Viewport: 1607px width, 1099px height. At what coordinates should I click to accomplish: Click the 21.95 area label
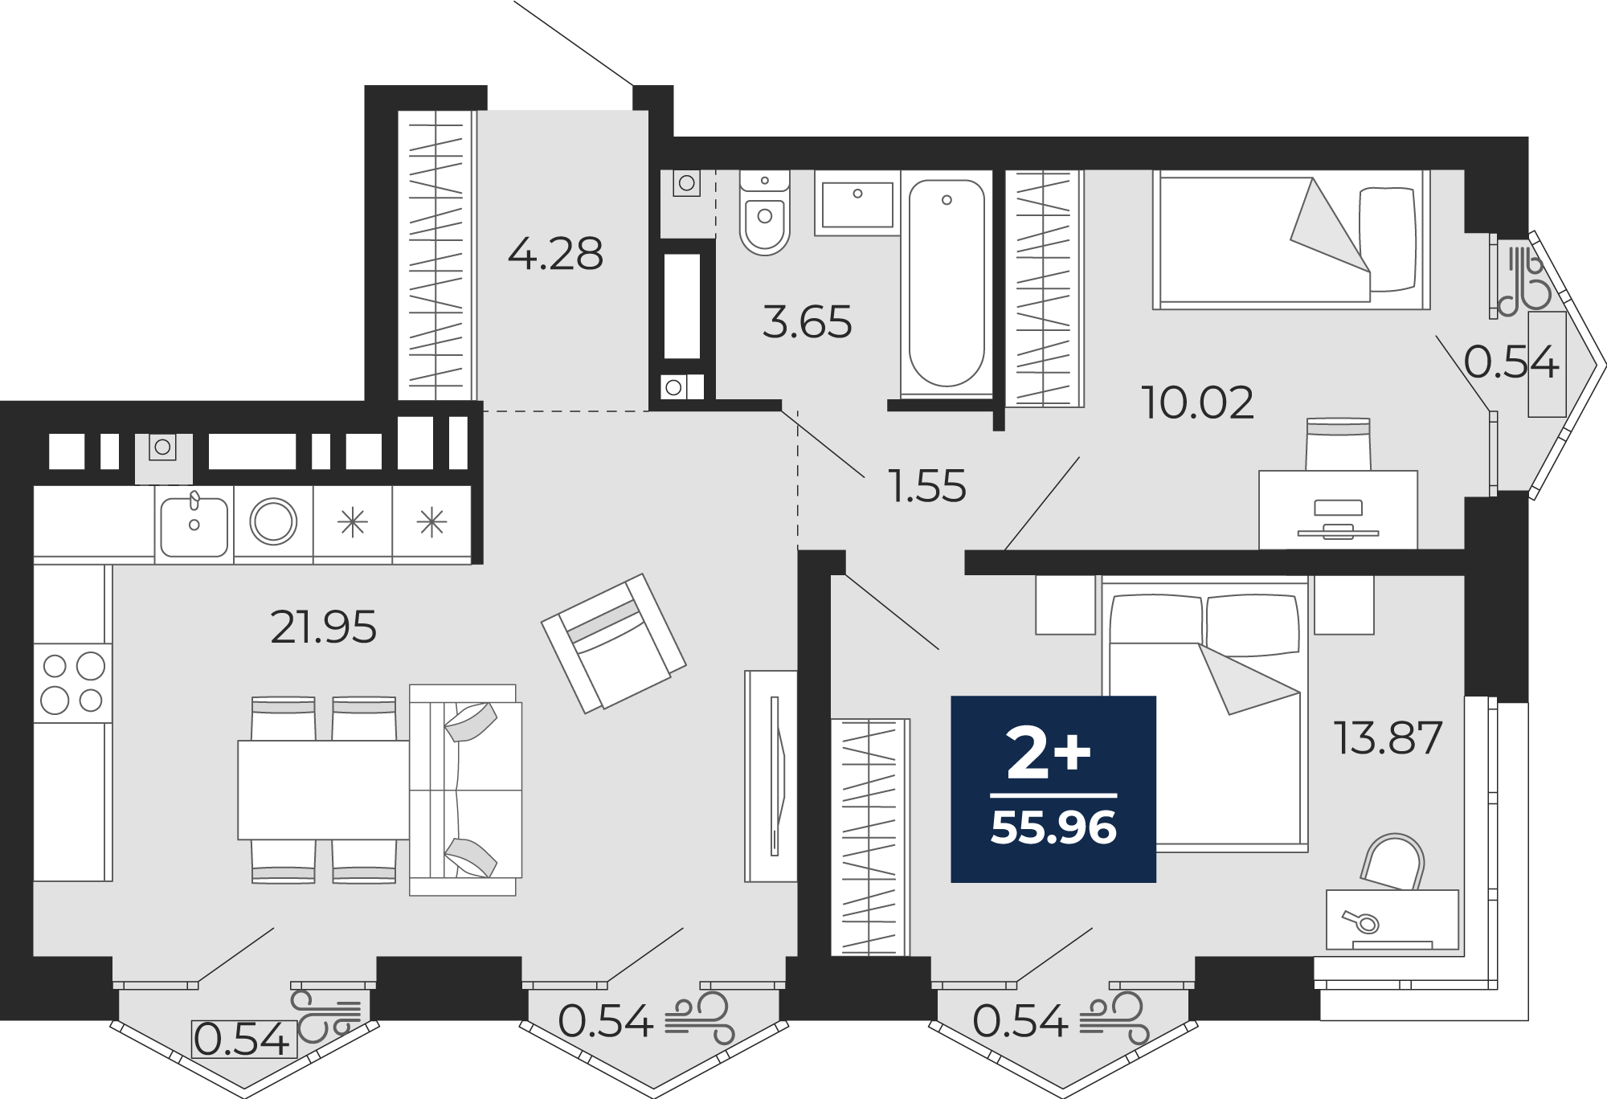click(x=323, y=627)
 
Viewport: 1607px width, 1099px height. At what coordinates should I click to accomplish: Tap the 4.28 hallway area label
click(x=555, y=254)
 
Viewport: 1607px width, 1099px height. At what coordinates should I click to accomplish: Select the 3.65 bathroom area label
click(x=807, y=322)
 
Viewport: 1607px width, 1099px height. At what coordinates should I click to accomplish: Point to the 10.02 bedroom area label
click(x=1197, y=402)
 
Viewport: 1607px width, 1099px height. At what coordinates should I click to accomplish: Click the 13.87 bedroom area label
click(x=1388, y=737)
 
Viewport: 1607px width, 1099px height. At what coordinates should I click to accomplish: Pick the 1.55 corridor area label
click(x=927, y=486)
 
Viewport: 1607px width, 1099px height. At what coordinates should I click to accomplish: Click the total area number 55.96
click(x=1053, y=827)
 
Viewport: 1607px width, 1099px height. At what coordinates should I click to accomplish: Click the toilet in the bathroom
click(x=765, y=212)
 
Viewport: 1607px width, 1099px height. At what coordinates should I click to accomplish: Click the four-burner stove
click(x=72, y=683)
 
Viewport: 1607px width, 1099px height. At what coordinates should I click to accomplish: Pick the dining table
click(x=324, y=790)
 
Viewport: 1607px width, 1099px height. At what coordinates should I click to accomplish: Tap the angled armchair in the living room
click(x=613, y=643)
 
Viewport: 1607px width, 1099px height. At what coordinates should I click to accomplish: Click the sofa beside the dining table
click(x=465, y=790)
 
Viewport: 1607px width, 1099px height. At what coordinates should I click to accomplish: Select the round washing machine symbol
click(x=273, y=522)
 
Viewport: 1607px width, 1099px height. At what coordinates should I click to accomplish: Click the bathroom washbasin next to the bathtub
click(x=857, y=203)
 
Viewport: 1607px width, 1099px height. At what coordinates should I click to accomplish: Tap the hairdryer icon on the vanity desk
click(x=1360, y=921)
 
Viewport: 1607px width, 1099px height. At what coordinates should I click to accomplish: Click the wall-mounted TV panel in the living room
click(x=771, y=776)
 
